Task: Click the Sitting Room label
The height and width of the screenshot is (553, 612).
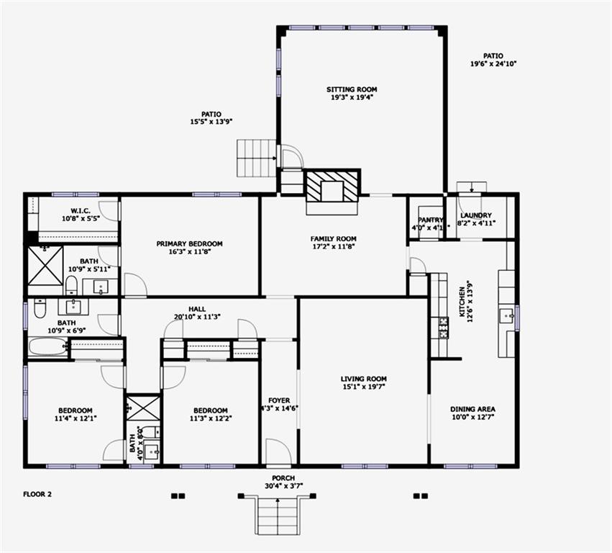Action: click(x=352, y=90)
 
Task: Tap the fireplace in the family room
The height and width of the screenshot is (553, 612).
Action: click(x=332, y=189)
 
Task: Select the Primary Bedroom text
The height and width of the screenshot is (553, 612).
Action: click(x=189, y=244)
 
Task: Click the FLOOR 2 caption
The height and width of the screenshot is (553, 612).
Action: click(x=37, y=495)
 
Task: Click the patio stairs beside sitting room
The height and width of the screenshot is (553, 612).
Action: click(x=256, y=158)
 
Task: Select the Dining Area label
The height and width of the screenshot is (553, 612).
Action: click(x=472, y=408)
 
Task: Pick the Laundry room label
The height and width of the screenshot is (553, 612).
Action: click(x=475, y=215)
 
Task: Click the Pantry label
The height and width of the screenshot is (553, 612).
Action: click(x=430, y=220)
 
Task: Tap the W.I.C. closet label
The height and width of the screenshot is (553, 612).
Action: click(x=79, y=211)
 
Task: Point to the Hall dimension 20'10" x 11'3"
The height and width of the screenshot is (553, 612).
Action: click(x=197, y=316)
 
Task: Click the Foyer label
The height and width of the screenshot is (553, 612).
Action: click(x=279, y=400)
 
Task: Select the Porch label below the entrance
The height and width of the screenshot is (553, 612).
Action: click(x=283, y=478)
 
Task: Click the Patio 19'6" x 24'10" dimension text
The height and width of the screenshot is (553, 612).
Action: click(x=493, y=64)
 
